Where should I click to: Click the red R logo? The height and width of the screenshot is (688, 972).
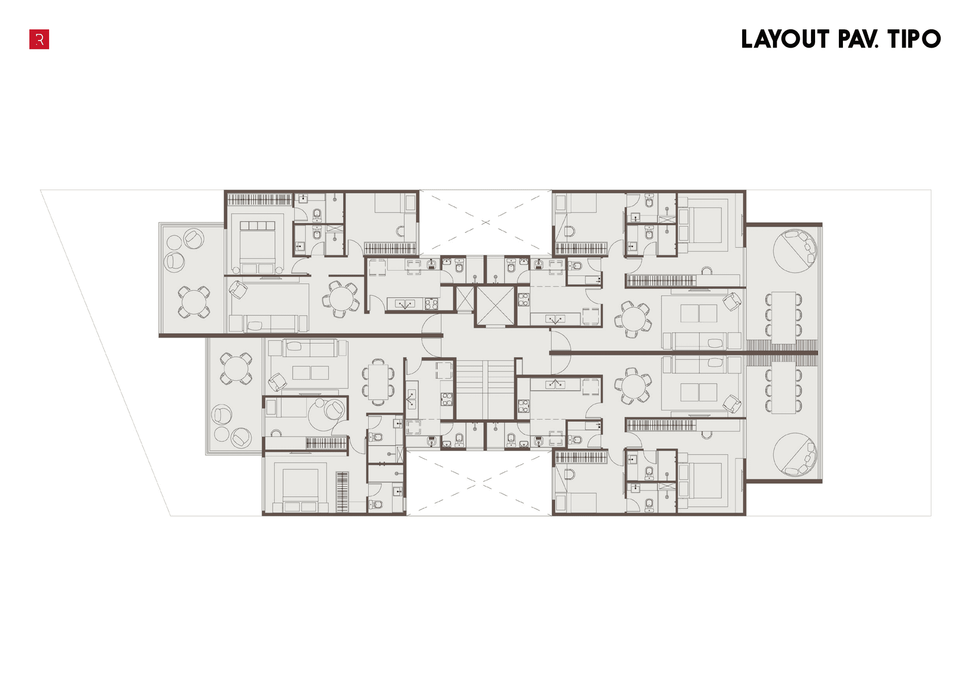point(39,40)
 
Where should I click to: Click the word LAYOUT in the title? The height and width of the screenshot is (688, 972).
point(785,40)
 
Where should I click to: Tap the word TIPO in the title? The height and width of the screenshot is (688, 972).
point(914,40)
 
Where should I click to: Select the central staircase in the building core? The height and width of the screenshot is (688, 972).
point(485,390)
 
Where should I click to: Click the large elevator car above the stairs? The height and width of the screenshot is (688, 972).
point(495,306)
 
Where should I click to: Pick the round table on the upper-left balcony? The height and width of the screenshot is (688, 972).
point(194,302)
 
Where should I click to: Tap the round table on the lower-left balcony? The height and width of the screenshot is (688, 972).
point(236,368)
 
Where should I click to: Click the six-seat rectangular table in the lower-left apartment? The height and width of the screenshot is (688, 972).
point(378,382)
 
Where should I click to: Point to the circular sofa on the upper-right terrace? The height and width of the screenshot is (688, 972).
point(795,251)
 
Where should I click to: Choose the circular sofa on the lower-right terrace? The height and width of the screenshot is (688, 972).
point(795,454)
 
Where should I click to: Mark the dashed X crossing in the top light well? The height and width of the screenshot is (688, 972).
point(485,222)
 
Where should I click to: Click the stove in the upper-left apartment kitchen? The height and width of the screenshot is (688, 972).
point(431,304)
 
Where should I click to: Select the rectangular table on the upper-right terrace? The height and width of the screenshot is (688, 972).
point(783,318)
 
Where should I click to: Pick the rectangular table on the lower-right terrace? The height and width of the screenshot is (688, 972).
point(783,388)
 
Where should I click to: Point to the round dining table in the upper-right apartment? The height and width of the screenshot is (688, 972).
point(633,319)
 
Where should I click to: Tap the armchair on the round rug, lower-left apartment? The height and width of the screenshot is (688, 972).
point(334,409)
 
